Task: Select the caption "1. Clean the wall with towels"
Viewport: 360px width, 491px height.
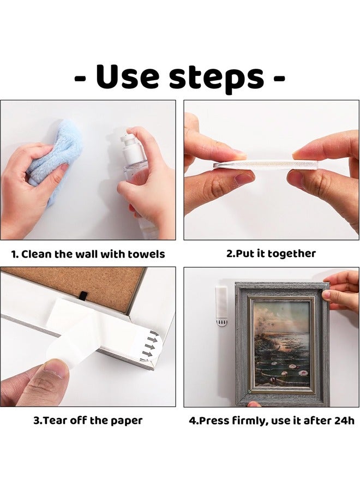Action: [x=88, y=254]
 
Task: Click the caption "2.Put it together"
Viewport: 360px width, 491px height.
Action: [x=271, y=253]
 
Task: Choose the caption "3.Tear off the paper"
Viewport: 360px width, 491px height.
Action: [x=88, y=420]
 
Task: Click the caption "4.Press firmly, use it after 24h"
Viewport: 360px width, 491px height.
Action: [x=271, y=421]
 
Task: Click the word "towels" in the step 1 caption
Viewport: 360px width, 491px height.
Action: [x=146, y=254]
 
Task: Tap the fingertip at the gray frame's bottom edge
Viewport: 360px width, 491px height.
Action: [x=254, y=404]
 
